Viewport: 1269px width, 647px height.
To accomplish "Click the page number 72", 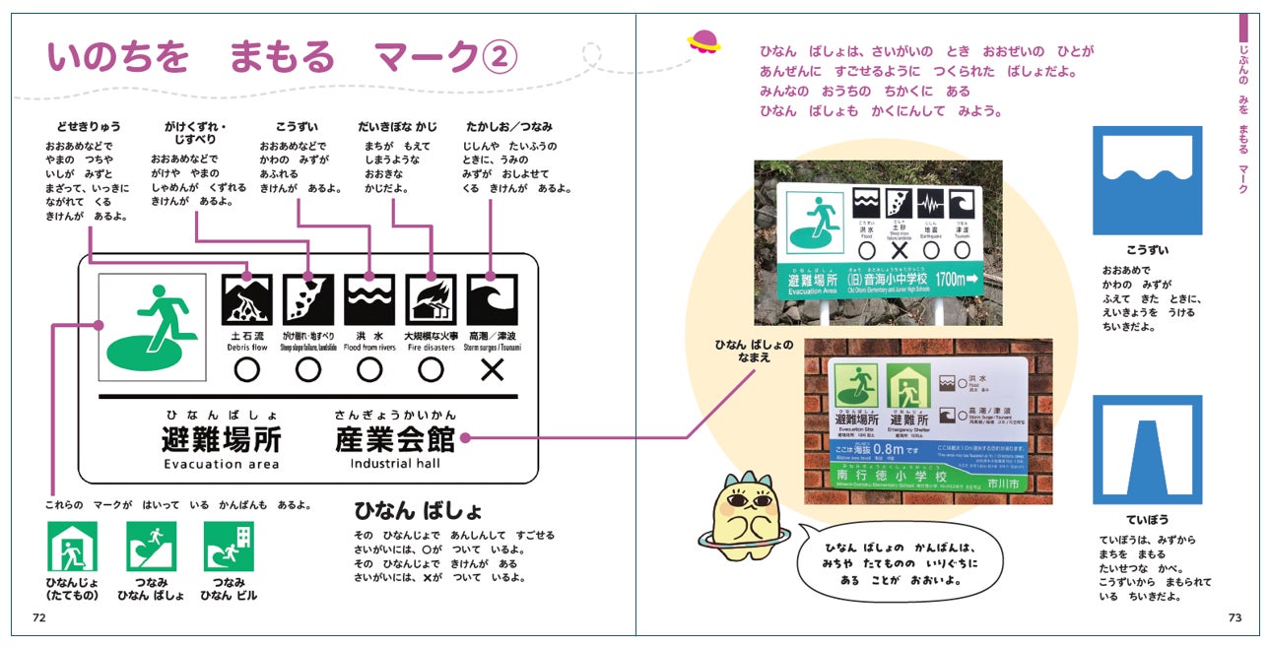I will click(x=39, y=617).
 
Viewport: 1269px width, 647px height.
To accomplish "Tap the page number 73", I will click(x=1235, y=617).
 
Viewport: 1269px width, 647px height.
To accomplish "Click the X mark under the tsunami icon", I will click(x=492, y=370).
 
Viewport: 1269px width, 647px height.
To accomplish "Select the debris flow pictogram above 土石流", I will click(x=246, y=299).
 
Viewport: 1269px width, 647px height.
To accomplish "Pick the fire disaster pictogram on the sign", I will click(x=431, y=299).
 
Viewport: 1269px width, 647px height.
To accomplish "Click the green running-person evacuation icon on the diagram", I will click(x=153, y=326).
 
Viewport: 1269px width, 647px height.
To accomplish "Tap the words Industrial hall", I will click(x=395, y=464).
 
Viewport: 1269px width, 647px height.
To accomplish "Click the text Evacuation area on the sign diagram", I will click(x=222, y=464).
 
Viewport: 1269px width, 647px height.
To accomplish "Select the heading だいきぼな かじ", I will click(x=397, y=127).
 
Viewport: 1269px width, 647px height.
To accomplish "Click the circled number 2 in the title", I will click(x=500, y=59).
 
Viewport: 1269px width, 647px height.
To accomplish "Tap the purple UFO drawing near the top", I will click(x=703, y=41).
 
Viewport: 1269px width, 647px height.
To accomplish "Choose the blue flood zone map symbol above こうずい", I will click(x=1147, y=179).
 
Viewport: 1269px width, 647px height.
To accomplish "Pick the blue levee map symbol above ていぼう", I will click(x=1147, y=449).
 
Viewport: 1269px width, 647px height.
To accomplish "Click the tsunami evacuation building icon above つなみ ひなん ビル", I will click(x=229, y=547).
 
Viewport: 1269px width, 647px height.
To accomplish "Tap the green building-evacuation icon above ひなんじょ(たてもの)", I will click(x=73, y=547).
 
